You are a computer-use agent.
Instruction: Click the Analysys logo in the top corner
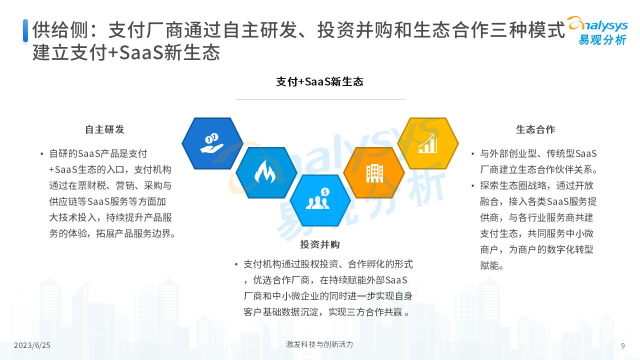(597, 30)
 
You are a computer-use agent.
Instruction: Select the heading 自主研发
(104, 129)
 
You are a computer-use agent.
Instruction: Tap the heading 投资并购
(320, 244)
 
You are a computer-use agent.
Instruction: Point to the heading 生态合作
(535, 129)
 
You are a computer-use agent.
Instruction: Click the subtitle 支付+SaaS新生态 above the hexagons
(320, 81)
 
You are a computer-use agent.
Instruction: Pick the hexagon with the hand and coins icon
(212, 143)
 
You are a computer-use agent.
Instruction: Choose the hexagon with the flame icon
(266, 172)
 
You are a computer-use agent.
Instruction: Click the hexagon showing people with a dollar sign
(320, 200)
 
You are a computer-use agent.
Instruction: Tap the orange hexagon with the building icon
(374, 172)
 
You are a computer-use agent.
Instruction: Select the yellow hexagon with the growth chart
(428, 143)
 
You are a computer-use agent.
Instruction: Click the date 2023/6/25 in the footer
(32, 345)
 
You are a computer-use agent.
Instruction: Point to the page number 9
(622, 345)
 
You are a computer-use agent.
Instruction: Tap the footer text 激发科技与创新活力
(319, 344)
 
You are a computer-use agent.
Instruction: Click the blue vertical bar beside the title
(25, 30)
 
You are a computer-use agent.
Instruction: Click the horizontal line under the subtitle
(320, 99)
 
